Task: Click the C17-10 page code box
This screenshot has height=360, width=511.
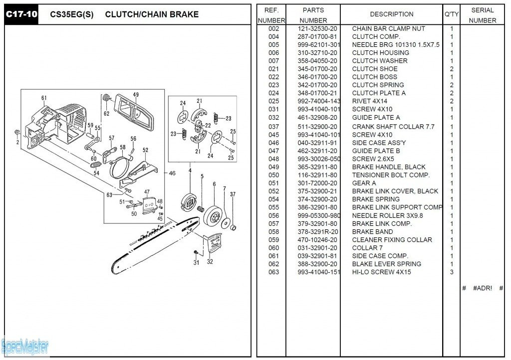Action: tap(21, 14)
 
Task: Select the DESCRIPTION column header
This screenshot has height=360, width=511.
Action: tap(391, 14)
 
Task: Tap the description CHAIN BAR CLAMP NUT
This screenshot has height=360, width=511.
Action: tap(388, 28)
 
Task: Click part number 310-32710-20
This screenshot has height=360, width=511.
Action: tap(317, 53)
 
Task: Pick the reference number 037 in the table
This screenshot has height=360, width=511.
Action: tap(273, 127)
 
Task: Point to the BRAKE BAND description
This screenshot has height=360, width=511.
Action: tap(372, 232)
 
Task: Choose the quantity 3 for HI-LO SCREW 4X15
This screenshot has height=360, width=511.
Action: tap(452, 272)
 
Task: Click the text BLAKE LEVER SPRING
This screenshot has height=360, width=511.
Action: tap(386, 264)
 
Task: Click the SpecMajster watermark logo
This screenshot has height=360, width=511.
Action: tap(25, 345)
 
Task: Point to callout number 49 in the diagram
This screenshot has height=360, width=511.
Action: tap(136, 95)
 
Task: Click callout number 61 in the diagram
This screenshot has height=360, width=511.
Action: tap(44, 98)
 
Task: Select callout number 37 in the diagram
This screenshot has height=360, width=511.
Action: tap(233, 194)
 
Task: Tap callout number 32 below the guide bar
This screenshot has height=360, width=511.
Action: tap(210, 261)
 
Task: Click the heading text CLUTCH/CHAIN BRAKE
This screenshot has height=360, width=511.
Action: tap(152, 14)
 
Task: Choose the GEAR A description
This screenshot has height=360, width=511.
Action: tap(364, 183)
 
